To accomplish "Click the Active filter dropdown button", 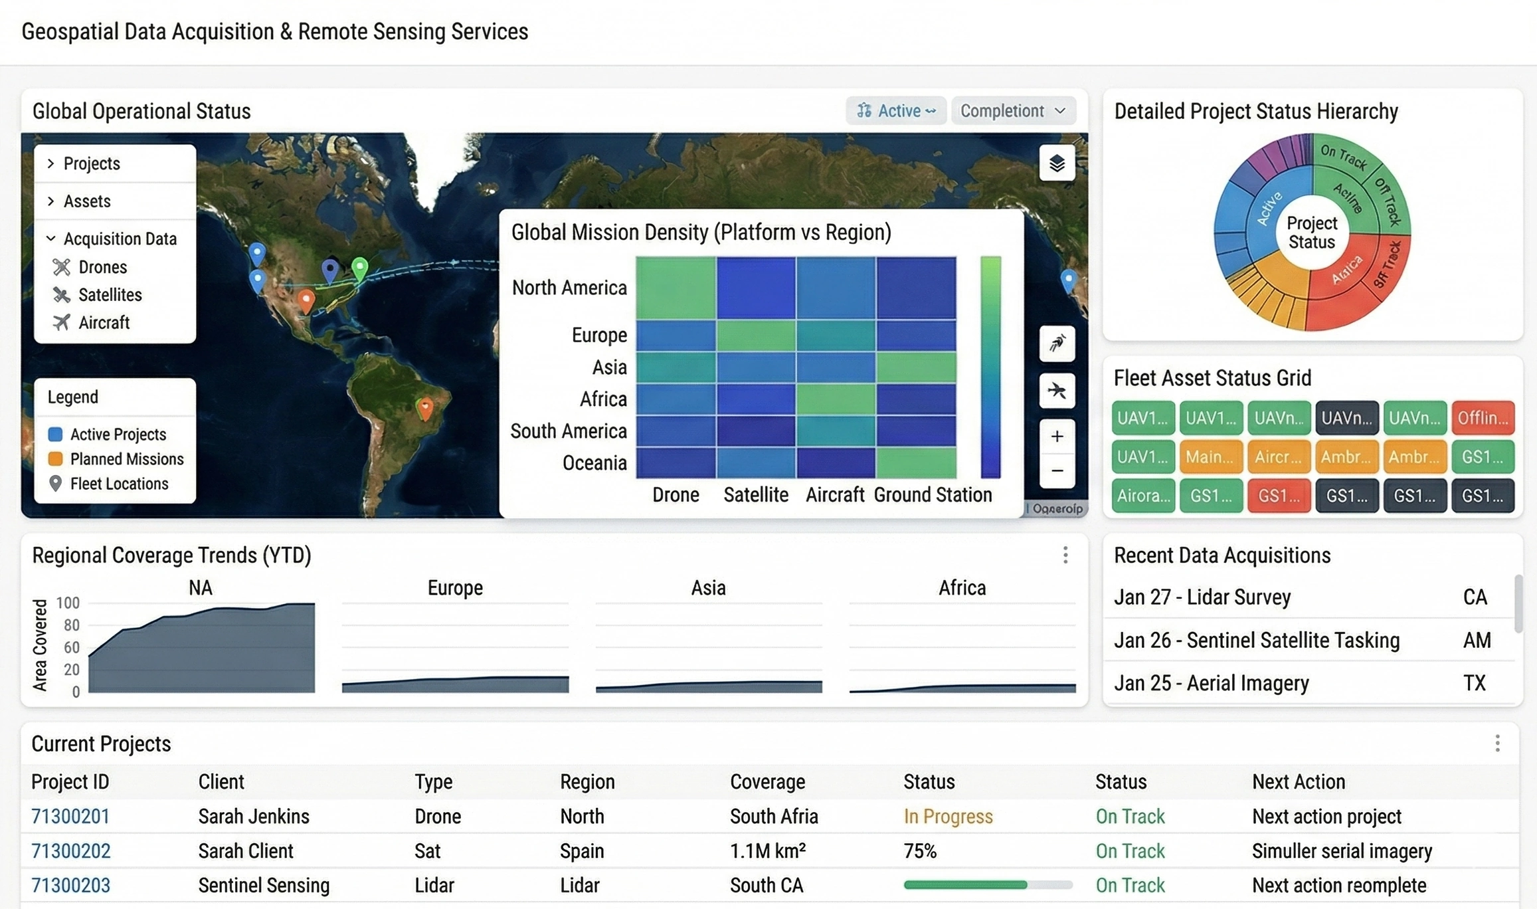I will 895,111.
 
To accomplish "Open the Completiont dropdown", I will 1012,111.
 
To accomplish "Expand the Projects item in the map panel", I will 91,163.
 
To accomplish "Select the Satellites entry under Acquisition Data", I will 110,294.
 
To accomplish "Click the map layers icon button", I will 1057,163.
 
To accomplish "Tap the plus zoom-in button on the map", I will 1057,437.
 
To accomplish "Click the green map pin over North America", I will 359,268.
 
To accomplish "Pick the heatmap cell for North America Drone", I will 676,288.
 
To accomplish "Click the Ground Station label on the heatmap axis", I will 933,495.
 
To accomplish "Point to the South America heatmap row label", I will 568,431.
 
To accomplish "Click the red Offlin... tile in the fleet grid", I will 1483,418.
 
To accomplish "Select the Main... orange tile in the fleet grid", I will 1210,457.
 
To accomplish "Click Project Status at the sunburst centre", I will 1311,233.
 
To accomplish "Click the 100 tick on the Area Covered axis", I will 68,603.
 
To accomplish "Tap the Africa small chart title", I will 961,588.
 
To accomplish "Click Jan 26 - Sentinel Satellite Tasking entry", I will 1256,640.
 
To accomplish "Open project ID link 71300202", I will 71,851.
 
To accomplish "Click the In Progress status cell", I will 948,817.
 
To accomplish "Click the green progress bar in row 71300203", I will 965,885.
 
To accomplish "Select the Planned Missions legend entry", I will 126,459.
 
